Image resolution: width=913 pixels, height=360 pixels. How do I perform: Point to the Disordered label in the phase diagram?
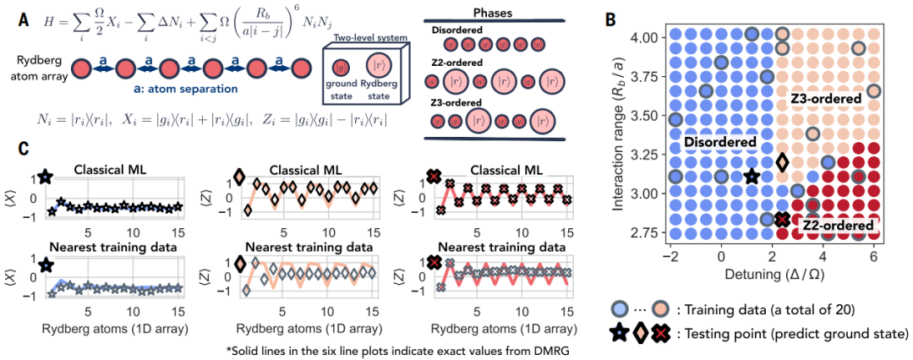point(720,143)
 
